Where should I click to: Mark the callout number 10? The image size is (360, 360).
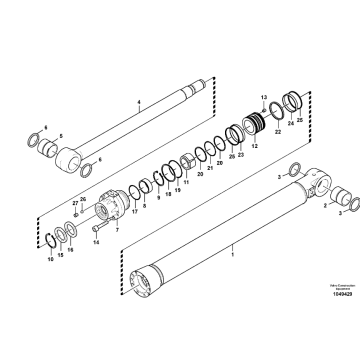pos(51,260)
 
